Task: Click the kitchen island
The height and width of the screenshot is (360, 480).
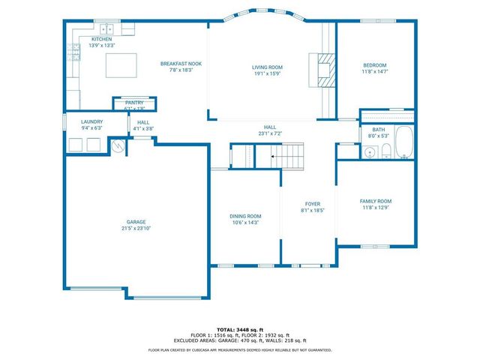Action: pos(120,65)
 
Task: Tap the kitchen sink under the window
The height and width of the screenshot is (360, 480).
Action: pos(109,29)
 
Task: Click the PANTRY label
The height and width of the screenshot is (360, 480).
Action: pos(134,102)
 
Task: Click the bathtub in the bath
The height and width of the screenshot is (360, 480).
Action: pos(404,142)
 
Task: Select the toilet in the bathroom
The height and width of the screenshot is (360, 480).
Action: pos(385,152)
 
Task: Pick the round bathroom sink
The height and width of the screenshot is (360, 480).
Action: pos(369,152)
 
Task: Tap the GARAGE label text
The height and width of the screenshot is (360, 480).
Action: pos(136,222)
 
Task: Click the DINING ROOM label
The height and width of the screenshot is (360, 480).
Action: pos(245,216)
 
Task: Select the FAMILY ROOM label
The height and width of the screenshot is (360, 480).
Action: pos(376,201)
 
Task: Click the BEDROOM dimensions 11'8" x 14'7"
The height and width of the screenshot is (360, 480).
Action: pos(375,73)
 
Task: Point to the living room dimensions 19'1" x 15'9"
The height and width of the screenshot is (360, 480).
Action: pos(267,73)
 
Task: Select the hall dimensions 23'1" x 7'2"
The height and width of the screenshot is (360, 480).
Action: pos(270,133)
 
